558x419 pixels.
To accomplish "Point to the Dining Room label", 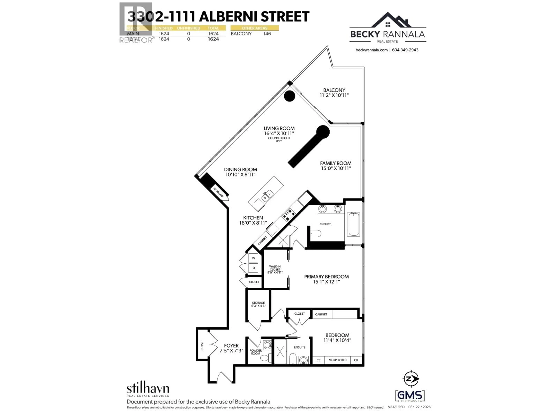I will coord(240,169).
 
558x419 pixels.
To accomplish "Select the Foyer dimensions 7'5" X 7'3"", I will coord(231,351).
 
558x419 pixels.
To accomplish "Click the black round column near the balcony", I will coord(289,96).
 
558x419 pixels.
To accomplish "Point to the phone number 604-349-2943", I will coord(405,50).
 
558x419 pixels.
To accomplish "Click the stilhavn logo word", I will coord(148,388).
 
